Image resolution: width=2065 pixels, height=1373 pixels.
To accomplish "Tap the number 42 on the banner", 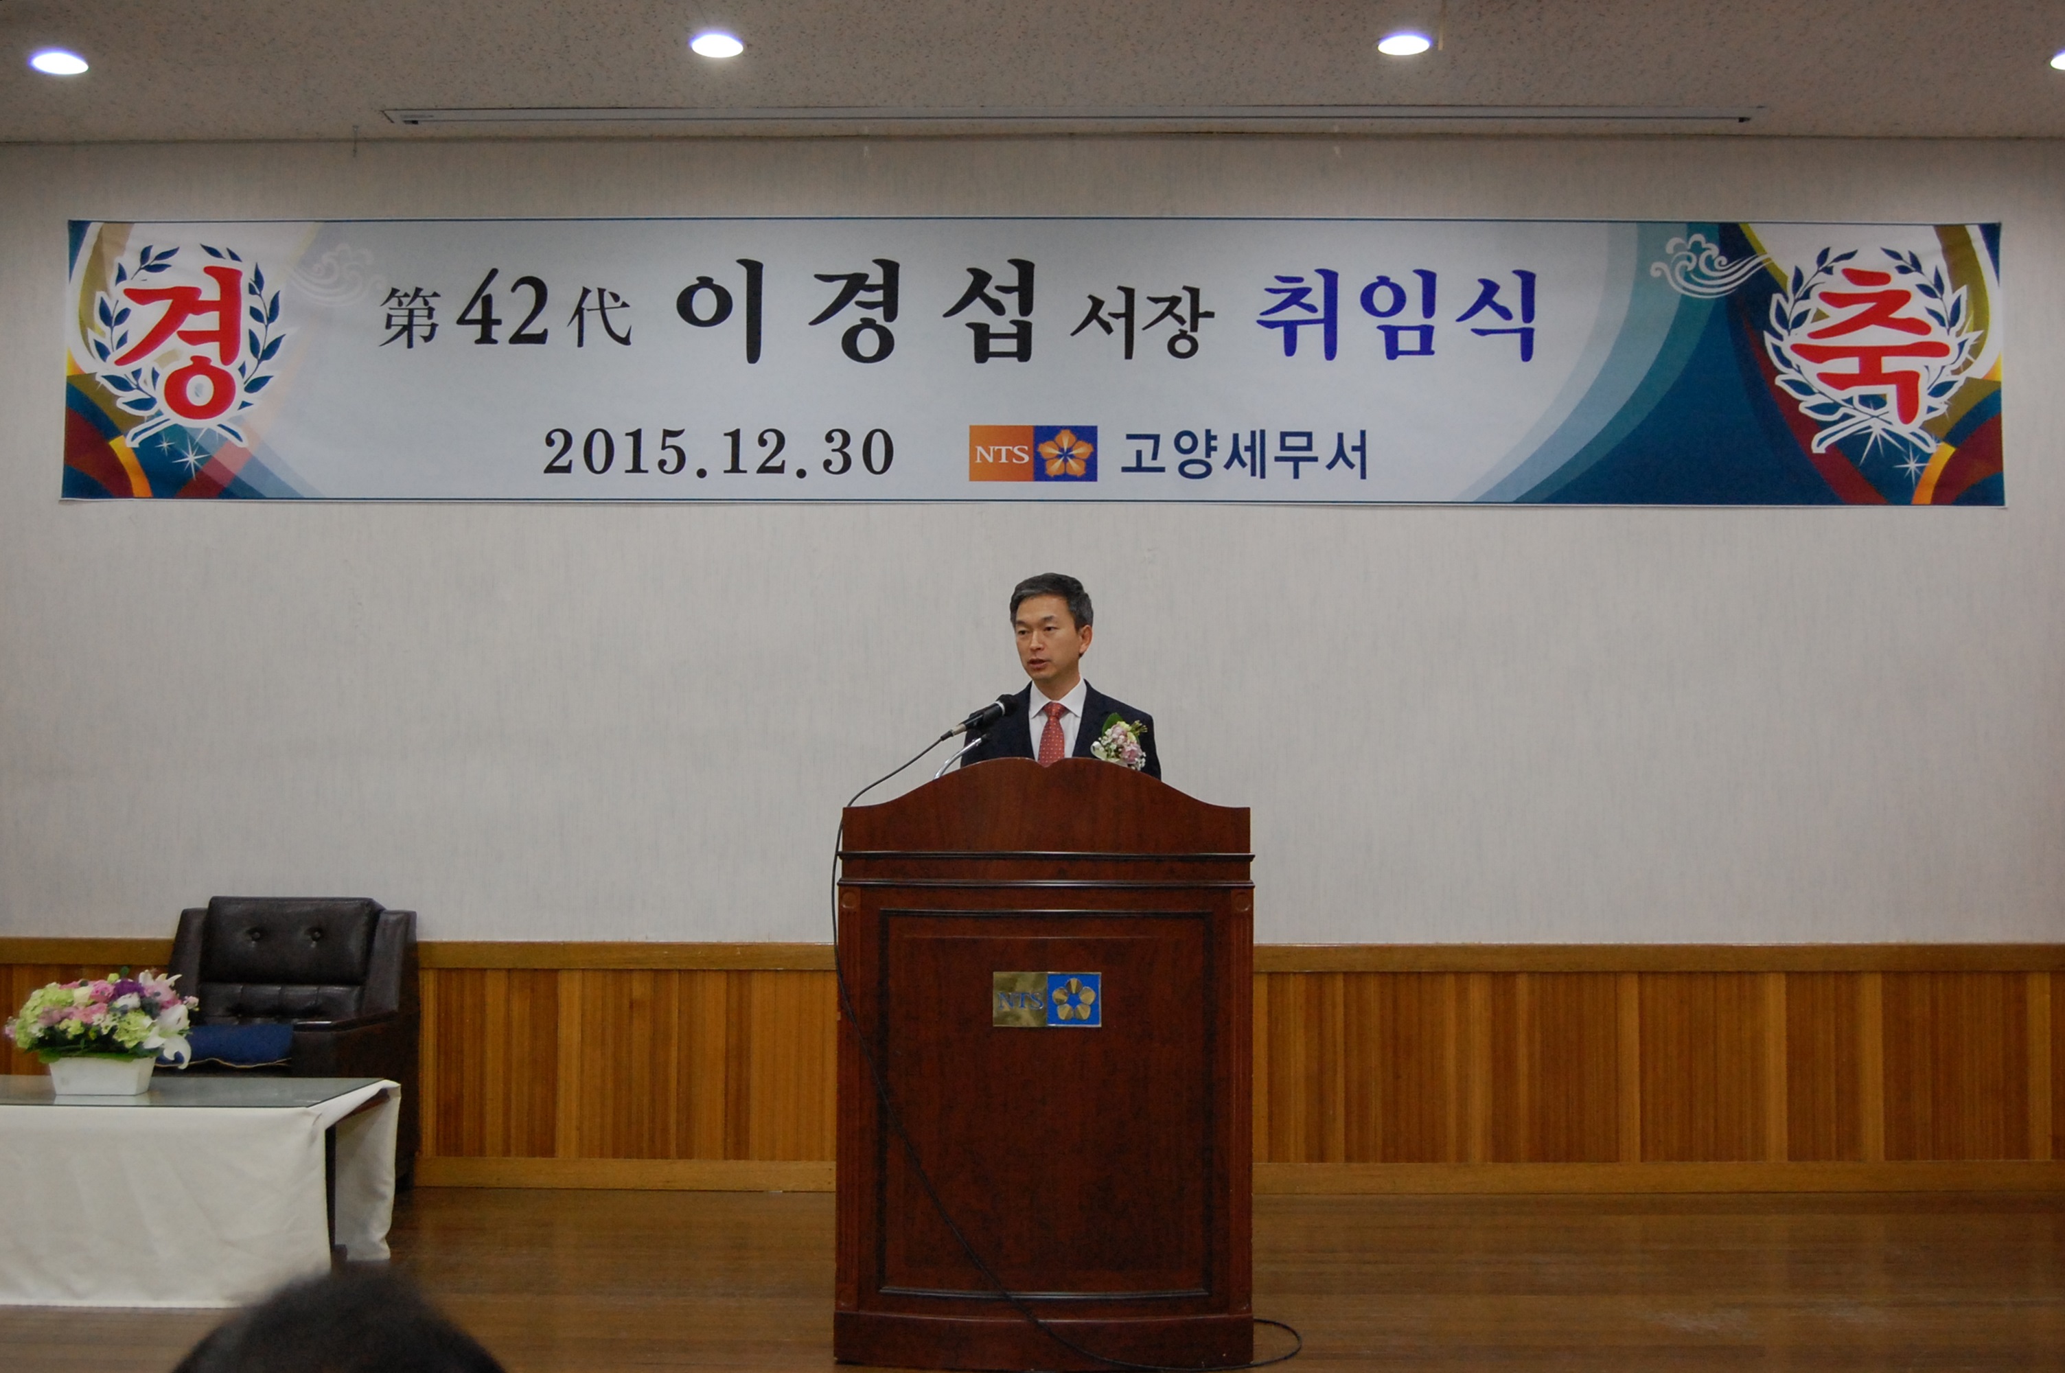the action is (503, 314).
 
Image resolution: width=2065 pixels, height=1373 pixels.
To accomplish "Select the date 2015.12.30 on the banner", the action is (718, 452).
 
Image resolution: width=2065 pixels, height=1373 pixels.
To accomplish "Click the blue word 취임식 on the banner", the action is (1397, 314).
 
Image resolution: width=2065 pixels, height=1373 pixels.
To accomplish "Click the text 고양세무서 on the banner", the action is (1244, 454).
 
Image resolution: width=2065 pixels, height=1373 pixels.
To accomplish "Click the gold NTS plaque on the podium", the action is (1046, 999).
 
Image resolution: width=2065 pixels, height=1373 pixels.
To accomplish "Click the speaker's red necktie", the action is (1051, 733).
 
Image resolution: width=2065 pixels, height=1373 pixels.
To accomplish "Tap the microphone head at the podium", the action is (989, 714).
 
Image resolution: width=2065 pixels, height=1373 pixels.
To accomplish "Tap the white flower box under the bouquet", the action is (102, 1075).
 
